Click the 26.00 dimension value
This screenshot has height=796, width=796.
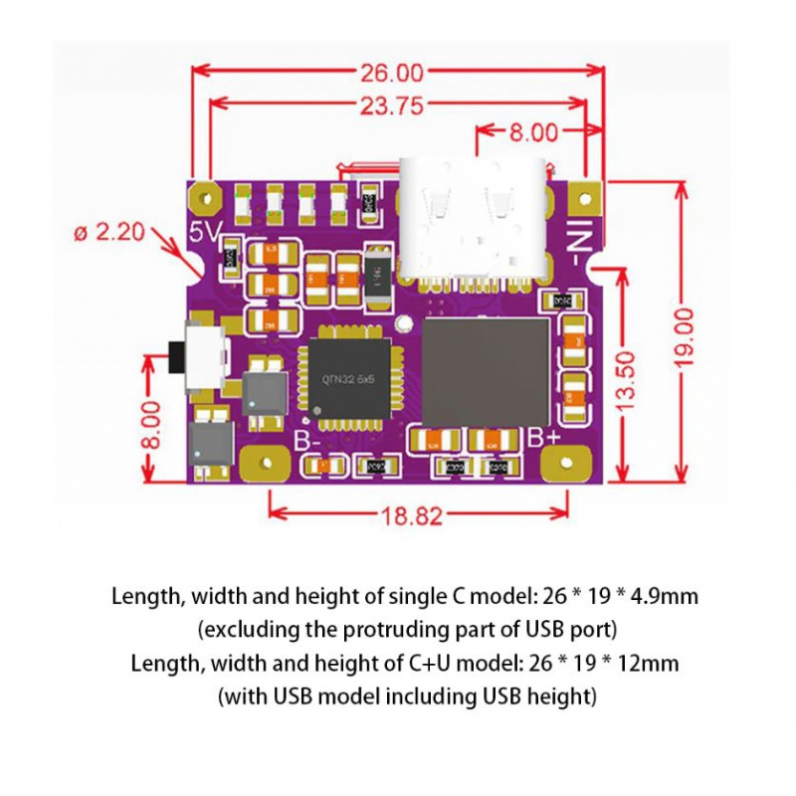click(390, 72)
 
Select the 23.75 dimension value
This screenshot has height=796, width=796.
click(391, 104)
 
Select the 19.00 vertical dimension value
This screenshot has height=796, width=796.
click(686, 338)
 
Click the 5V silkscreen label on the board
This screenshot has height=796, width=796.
click(205, 232)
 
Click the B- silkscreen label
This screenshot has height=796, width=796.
click(307, 441)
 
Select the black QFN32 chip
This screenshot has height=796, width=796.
click(350, 378)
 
